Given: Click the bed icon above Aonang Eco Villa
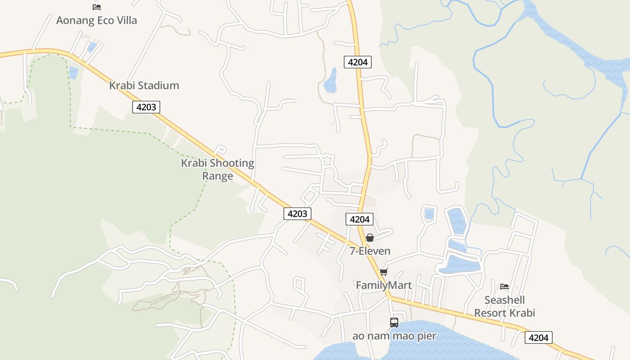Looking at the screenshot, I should (96, 7).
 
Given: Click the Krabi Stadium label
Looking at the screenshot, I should (144, 85).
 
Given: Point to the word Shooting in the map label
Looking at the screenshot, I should (232, 163).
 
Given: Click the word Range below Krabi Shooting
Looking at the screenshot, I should (217, 175).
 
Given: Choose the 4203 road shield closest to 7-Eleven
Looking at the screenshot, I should (297, 213).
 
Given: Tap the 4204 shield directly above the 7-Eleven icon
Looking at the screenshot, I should (359, 219).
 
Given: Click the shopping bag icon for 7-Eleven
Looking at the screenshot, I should (370, 237).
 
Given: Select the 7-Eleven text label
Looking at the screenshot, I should (370, 251).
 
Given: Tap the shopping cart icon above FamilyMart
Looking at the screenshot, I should (383, 272).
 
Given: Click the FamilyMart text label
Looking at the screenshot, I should (383, 285).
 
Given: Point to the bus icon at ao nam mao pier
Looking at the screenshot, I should (394, 322).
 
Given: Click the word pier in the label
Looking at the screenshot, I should (425, 336).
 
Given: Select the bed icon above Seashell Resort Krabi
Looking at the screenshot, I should (504, 287).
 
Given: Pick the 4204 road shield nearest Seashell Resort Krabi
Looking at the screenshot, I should (539, 337).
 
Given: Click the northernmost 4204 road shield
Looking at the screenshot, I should (358, 62).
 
